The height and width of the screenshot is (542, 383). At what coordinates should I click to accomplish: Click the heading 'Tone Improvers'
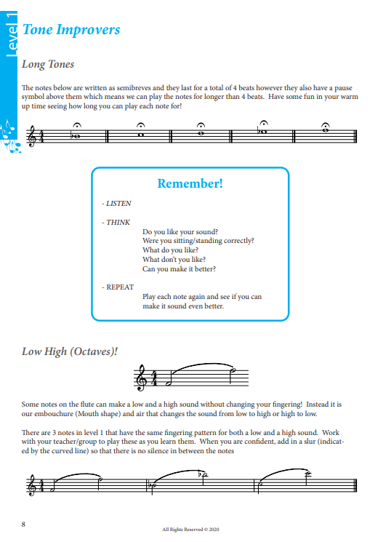pyautogui.click(x=71, y=30)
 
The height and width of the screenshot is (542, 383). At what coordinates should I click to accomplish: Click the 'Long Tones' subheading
pyautogui.click(x=48, y=65)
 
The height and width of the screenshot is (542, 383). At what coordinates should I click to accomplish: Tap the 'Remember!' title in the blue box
pyautogui.click(x=190, y=183)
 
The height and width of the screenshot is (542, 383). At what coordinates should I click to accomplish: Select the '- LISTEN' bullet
pyautogui.click(x=116, y=204)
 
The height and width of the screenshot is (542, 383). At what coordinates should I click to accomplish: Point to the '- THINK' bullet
pyautogui.click(x=115, y=223)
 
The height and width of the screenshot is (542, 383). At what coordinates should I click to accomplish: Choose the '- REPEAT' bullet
pyautogui.click(x=118, y=287)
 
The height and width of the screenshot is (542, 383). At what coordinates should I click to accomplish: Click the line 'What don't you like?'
pyautogui.click(x=174, y=259)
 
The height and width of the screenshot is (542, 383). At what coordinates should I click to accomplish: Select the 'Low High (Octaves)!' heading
pyautogui.click(x=70, y=351)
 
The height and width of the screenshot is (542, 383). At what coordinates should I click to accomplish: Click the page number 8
pyautogui.click(x=24, y=524)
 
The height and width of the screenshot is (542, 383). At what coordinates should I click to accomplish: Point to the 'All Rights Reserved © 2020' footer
pyautogui.click(x=191, y=530)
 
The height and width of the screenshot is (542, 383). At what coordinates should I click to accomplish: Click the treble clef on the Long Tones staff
pyautogui.click(x=31, y=135)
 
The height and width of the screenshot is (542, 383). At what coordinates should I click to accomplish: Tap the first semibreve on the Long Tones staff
pyautogui.click(x=74, y=135)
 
